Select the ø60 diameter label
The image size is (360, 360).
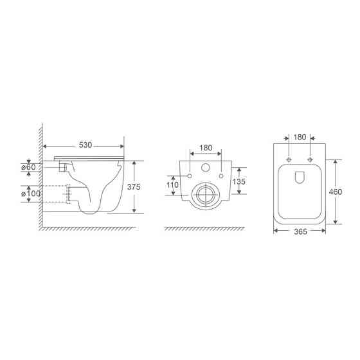(28, 168)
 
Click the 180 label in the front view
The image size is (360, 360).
(206, 148)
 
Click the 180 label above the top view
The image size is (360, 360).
(300, 137)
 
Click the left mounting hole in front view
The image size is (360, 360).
(191, 176)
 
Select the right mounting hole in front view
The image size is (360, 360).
(221, 176)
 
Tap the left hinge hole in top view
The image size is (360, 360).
(289, 158)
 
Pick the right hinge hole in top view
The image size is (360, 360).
(310, 158)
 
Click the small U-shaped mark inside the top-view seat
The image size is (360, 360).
(300, 178)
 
